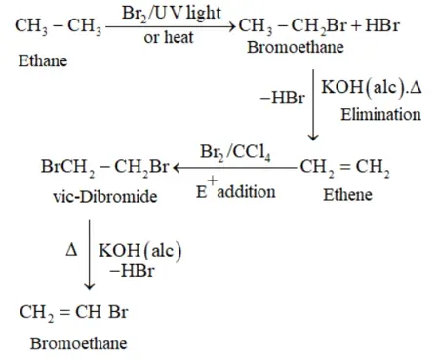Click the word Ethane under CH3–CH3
click(x=43, y=60)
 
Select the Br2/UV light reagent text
click(x=172, y=14)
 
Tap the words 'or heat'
click(x=169, y=37)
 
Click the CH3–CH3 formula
click(x=59, y=26)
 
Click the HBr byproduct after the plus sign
click(x=382, y=25)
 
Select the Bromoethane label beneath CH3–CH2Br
click(x=296, y=47)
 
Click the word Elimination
click(x=380, y=114)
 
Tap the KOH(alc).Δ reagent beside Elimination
click(x=372, y=88)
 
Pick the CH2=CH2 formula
click(x=344, y=168)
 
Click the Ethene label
click(x=347, y=195)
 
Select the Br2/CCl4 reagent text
click(x=235, y=152)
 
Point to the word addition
click(x=246, y=192)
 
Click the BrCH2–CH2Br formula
click(x=104, y=168)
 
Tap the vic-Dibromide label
click(x=105, y=197)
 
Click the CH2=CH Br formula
click(x=74, y=313)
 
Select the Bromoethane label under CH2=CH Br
click(x=79, y=343)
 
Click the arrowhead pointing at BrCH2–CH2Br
click(x=176, y=168)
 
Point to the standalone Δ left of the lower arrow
click(x=71, y=250)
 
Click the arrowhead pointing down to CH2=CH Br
click(x=89, y=287)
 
